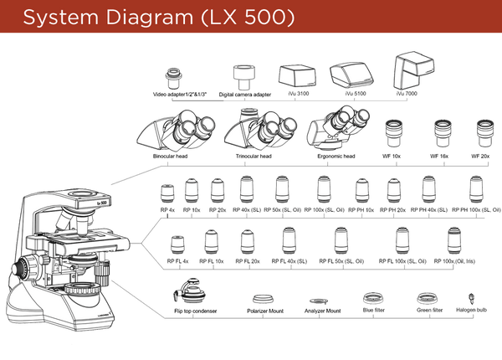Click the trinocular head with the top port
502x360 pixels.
coord(262,131)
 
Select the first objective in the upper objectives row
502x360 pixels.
coord(167,192)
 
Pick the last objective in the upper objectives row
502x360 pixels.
coord(475,189)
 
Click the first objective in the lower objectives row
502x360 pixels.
coord(177,242)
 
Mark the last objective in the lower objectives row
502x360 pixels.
coord(453,241)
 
